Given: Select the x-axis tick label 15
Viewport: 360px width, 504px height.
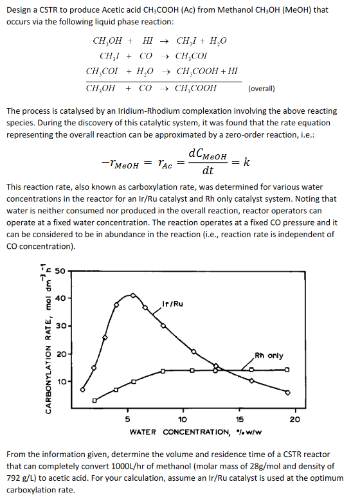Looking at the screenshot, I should (x=240, y=419).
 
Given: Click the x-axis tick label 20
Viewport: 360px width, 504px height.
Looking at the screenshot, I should (x=295, y=419).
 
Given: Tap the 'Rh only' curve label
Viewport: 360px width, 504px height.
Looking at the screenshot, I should (x=269, y=355).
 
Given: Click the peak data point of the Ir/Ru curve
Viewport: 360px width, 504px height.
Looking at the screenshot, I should (x=132, y=295).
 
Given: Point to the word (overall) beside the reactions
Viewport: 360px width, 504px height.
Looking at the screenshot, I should (x=262, y=88).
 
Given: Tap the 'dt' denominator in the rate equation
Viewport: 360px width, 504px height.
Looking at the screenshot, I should (x=208, y=171).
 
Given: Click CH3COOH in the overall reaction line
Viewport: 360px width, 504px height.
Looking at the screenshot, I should (x=196, y=88).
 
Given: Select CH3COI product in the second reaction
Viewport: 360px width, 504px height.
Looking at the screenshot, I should (x=195, y=56).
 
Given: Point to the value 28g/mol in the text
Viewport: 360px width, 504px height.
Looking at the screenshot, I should (x=256, y=465).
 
